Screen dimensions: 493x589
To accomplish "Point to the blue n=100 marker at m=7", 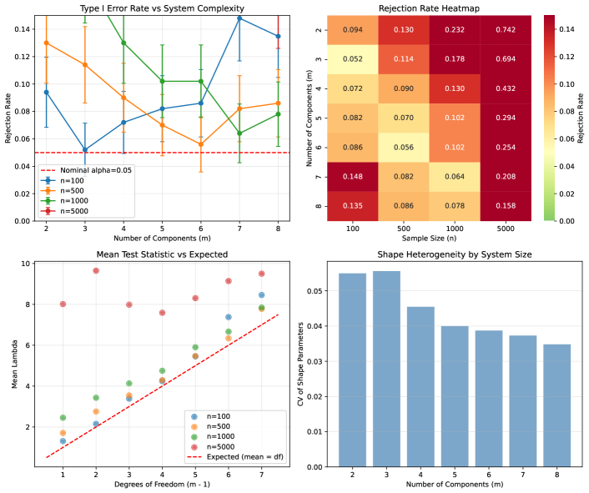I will pos(239,18).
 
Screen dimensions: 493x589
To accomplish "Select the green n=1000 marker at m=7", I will pos(239,133).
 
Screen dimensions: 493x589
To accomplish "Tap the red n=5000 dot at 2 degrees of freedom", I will pos(96,270).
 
